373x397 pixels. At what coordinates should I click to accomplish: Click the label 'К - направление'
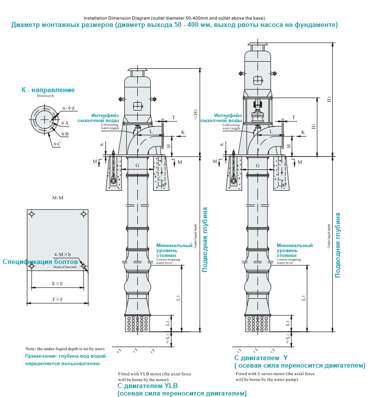click(48, 90)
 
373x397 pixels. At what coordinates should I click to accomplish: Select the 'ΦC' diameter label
click(57, 144)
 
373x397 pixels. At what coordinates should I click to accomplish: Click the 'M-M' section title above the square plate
click(58, 198)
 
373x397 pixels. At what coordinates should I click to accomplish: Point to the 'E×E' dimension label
click(57, 284)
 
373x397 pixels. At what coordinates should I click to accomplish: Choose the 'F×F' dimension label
click(57, 299)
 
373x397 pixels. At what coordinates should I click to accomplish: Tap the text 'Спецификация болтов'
click(40, 262)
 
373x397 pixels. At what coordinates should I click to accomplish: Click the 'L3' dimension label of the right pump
click(303, 297)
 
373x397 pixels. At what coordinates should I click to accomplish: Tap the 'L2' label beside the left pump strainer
click(168, 322)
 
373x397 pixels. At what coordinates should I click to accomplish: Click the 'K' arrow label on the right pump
click(303, 132)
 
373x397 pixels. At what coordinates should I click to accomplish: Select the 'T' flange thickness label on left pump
click(173, 118)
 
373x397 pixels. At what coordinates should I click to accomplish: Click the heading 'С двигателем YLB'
click(147, 386)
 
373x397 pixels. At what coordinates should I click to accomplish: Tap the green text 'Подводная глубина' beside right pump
click(338, 245)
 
